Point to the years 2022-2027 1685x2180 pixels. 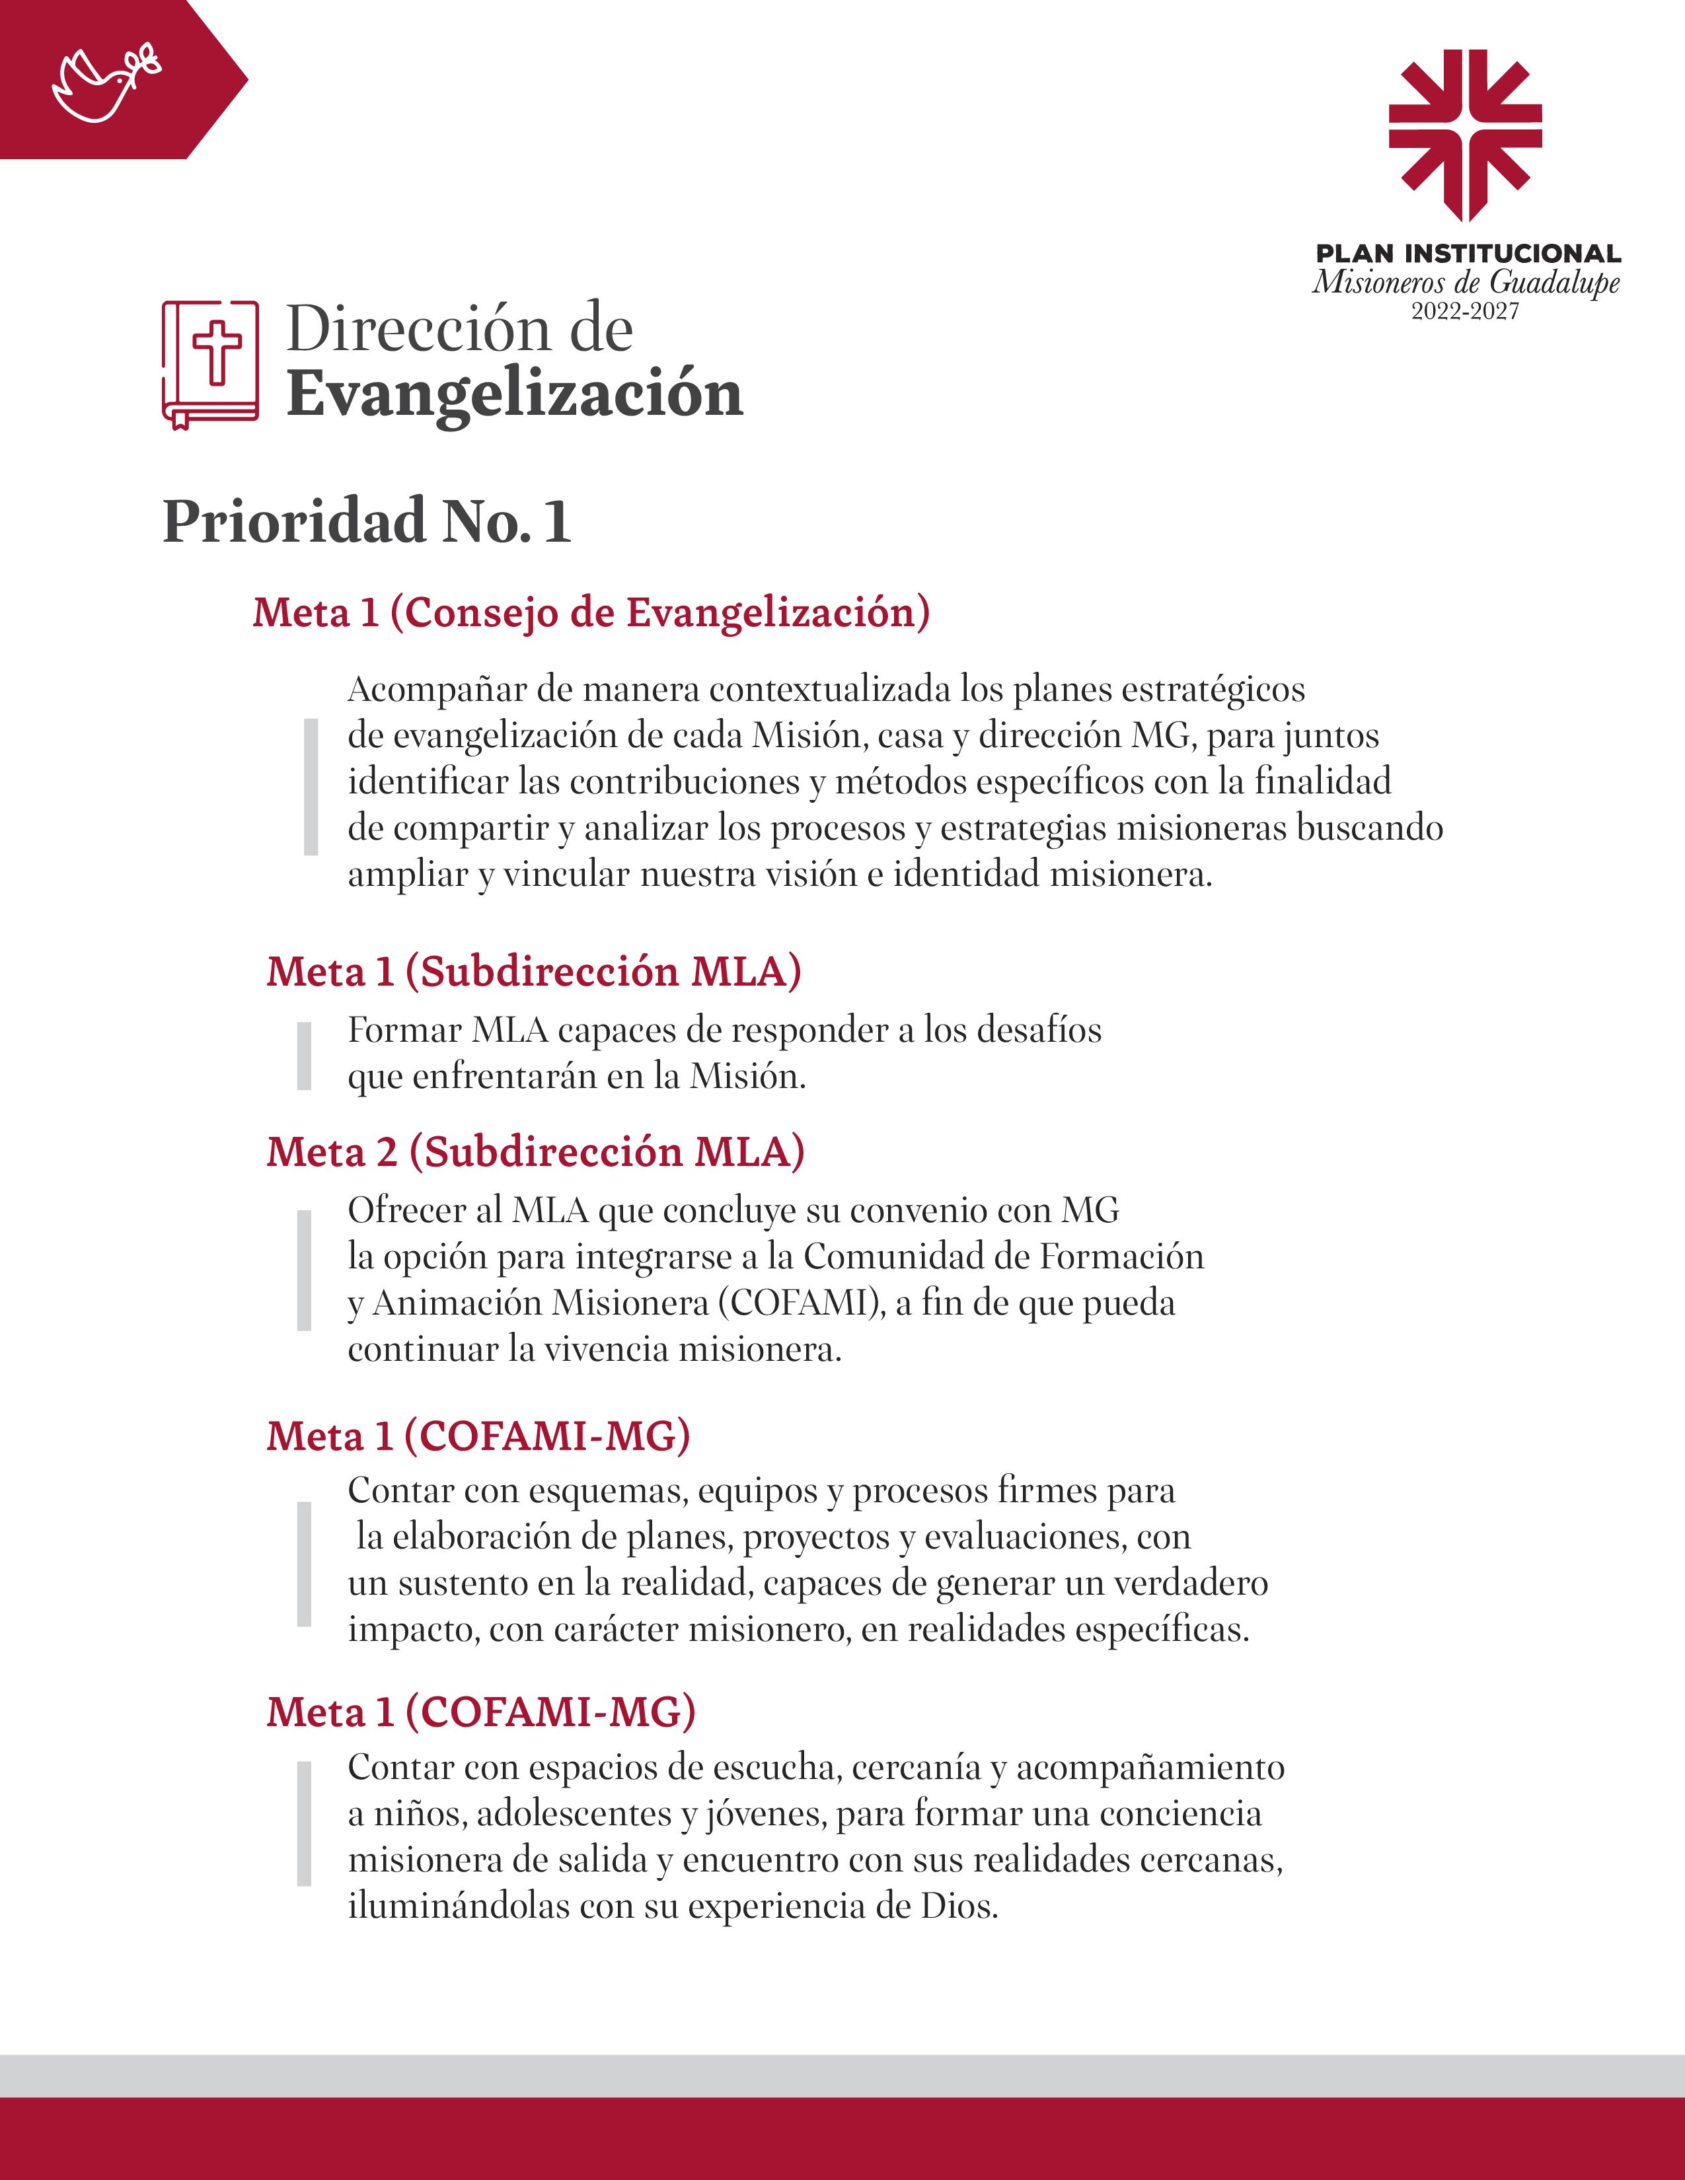tap(1464, 311)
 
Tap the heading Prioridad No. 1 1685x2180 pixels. tap(366, 521)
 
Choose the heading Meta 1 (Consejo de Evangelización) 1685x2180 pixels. tap(591, 612)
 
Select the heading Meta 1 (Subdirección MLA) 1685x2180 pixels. tap(533, 971)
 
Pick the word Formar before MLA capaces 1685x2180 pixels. tap(404, 1029)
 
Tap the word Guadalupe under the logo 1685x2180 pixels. tap(1554, 283)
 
